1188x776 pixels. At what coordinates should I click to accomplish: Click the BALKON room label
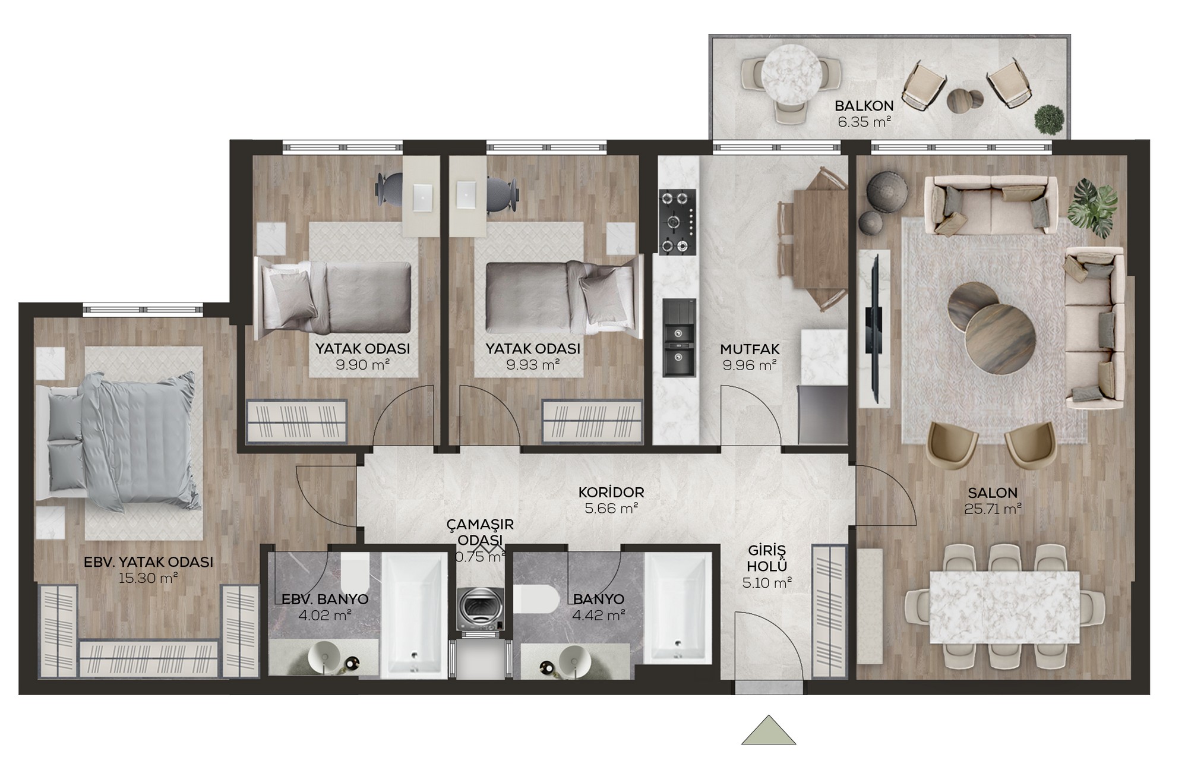864,106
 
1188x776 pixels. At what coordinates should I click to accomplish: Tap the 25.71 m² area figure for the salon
993,509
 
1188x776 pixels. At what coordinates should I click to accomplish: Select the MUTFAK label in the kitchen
750,349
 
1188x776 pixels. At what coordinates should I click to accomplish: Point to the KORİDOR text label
611,492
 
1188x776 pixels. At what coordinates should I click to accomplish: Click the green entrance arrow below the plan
769,730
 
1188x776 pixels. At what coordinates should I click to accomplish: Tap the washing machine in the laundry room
481,609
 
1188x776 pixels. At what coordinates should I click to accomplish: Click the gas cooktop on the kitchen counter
677,222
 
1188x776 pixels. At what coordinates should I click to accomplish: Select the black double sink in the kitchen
679,337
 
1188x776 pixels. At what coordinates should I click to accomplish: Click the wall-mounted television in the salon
874,329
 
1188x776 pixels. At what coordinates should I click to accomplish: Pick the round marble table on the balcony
792,75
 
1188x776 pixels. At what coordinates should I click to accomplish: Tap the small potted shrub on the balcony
1049,119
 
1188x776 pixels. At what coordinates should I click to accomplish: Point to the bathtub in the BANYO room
678,608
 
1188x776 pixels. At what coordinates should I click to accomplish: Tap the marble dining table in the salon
1004,607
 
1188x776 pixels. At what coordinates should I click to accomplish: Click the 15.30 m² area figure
148,578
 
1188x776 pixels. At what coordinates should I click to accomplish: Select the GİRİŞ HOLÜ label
767,558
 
